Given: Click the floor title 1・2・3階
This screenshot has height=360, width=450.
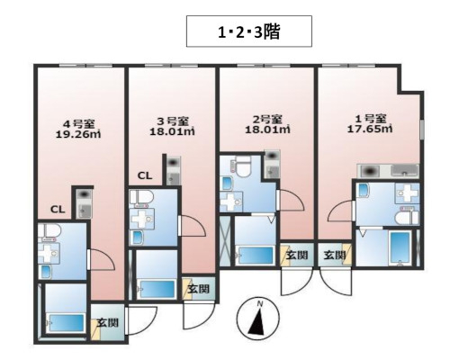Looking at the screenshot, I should (249, 33).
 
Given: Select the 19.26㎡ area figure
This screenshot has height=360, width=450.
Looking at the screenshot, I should (78, 138).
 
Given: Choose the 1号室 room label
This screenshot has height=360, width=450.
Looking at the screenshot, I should (369, 118).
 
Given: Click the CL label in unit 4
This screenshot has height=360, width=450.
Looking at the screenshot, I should (57, 210).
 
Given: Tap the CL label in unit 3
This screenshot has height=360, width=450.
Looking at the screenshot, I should (144, 176).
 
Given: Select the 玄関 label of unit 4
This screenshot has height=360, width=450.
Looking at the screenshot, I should (107, 321).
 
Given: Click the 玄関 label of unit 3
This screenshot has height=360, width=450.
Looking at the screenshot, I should (198, 289).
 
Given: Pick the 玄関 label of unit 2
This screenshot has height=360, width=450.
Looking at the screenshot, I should (296, 256).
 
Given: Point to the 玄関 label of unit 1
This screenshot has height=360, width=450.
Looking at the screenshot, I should (334, 256).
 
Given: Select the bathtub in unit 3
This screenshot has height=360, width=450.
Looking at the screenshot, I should (158, 288).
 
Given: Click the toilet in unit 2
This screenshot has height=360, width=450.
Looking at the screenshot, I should (238, 166).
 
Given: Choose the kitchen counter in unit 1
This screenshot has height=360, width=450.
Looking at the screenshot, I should (388, 171).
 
